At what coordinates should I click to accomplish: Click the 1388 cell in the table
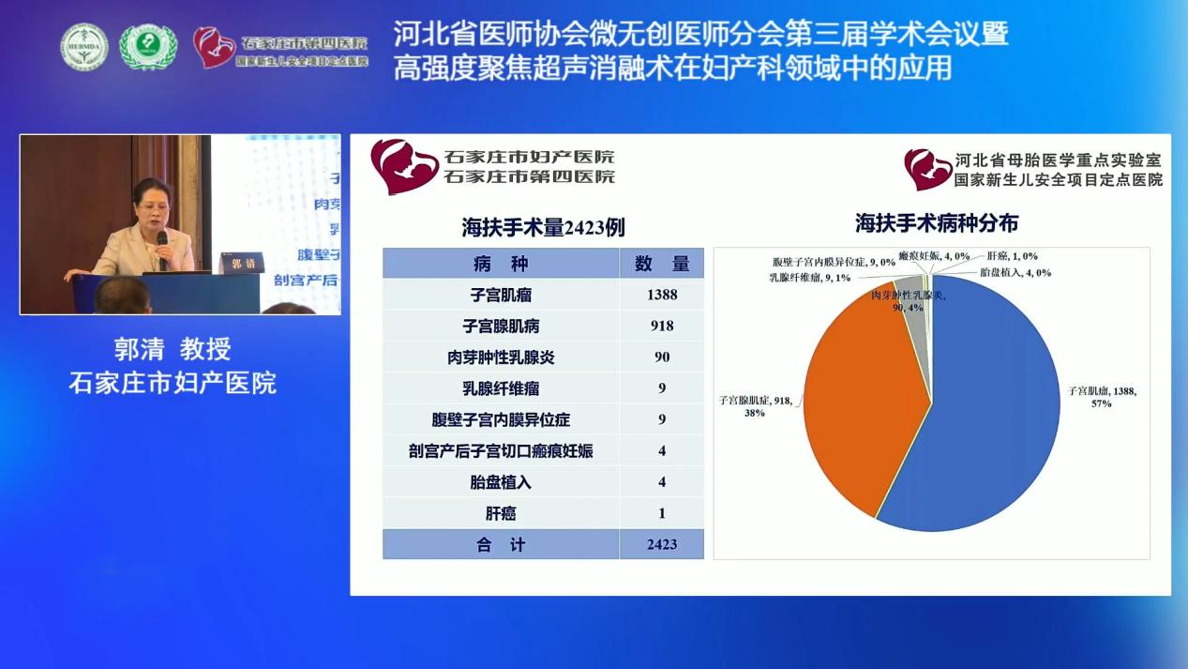pyautogui.click(x=661, y=295)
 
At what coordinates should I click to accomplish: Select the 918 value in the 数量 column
pyautogui.click(x=661, y=326)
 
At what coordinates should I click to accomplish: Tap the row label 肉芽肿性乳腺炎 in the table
pyautogui.click(x=501, y=357)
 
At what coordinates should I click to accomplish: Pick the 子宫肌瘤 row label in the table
pyautogui.click(x=501, y=295)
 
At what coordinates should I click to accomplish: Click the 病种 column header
pyautogui.click(x=501, y=264)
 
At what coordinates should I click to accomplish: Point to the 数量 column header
pyautogui.click(x=661, y=264)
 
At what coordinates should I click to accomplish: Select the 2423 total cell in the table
pyautogui.click(x=661, y=544)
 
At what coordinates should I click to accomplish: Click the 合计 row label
pyautogui.click(x=501, y=544)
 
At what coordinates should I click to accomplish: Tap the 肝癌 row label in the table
pyautogui.click(x=501, y=513)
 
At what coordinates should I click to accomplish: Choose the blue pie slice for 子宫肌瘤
pyautogui.click(x=994, y=422)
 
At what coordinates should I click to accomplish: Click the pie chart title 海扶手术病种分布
pyautogui.click(x=936, y=223)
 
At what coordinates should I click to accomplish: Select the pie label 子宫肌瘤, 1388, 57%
pyautogui.click(x=1103, y=397)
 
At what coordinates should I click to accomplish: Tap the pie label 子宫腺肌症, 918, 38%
pyautogui.click(x=755, y=406)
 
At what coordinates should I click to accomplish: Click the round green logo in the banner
pyautogui.click(x=148, y=46)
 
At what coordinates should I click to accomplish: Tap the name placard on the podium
pyautogui.click(x=242, y=263)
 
